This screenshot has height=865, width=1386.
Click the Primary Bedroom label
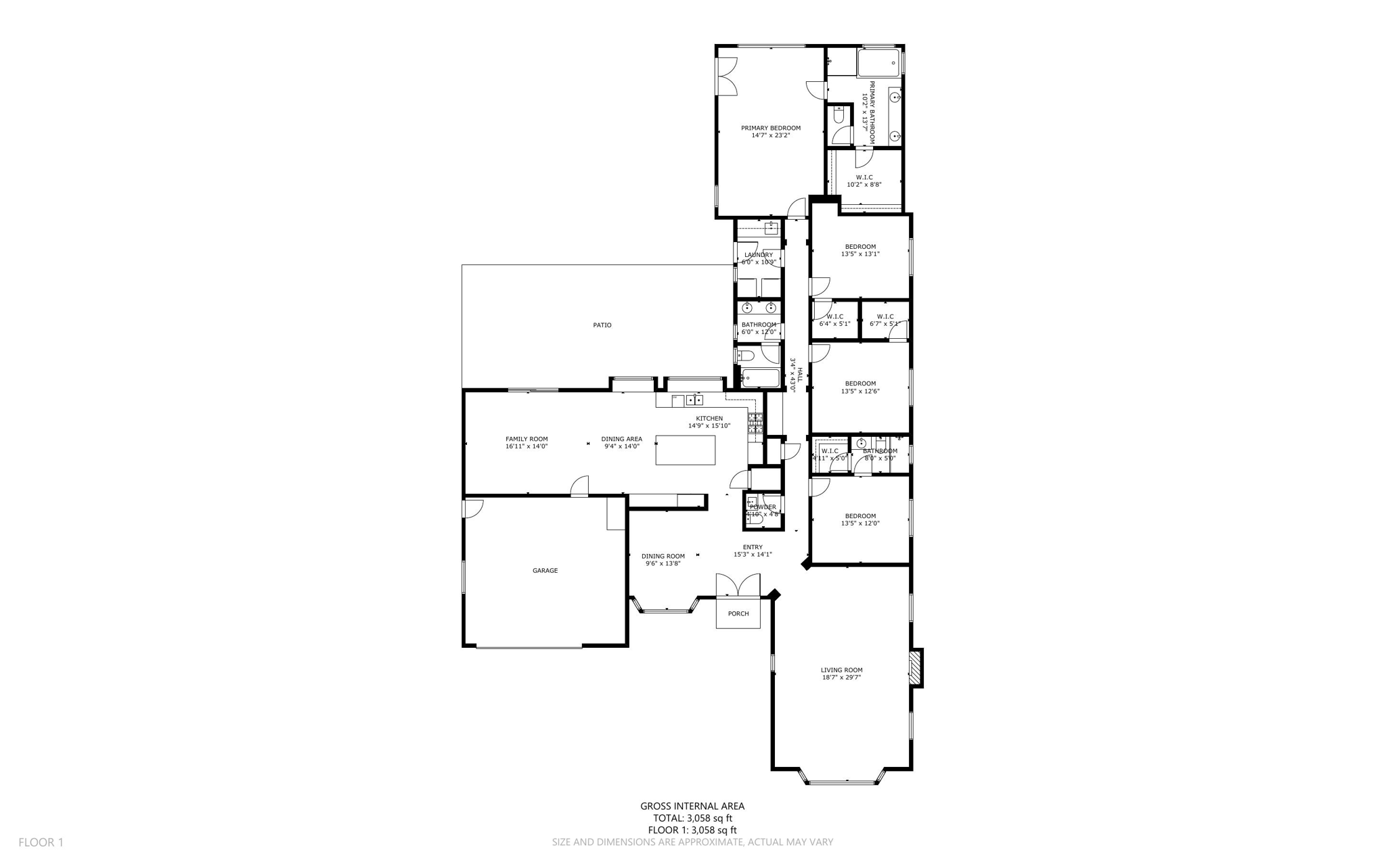click(770, 128)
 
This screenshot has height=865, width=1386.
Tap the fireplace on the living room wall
click(916, 668)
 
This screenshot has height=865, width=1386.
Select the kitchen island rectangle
click(685, 450)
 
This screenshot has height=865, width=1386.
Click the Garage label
click(545, 571)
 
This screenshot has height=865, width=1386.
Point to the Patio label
click(602, 325)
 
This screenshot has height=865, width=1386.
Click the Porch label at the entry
click(738, 614)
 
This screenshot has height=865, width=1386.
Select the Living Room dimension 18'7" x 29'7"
click(841, 677)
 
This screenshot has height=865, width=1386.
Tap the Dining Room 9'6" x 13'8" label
click(663, 560)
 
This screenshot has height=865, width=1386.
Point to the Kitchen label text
click(709, 419)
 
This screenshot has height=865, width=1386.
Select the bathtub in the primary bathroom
click(878, 63)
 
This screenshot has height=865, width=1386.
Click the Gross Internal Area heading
click(692, 806)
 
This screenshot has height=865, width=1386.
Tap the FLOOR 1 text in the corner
click(41, 843)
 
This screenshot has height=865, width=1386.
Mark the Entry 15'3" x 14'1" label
click(752, 551)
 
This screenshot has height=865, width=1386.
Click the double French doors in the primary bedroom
click(727, 76)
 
